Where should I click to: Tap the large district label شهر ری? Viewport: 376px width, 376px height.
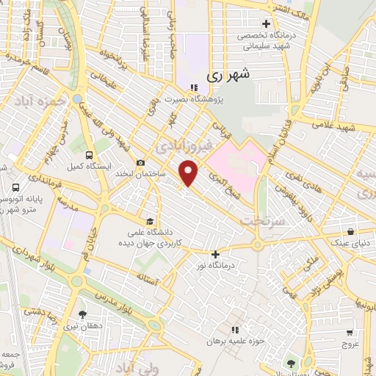224,73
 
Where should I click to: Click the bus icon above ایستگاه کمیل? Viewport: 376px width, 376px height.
89,155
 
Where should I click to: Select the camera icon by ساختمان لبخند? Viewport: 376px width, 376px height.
140,163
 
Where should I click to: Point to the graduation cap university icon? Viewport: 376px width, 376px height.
151,220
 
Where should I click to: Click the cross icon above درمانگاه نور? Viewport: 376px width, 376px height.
215,253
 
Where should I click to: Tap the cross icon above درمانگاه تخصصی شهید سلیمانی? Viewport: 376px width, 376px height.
266,24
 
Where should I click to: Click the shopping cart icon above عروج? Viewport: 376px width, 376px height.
349,330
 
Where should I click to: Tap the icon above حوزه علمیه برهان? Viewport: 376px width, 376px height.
235,330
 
